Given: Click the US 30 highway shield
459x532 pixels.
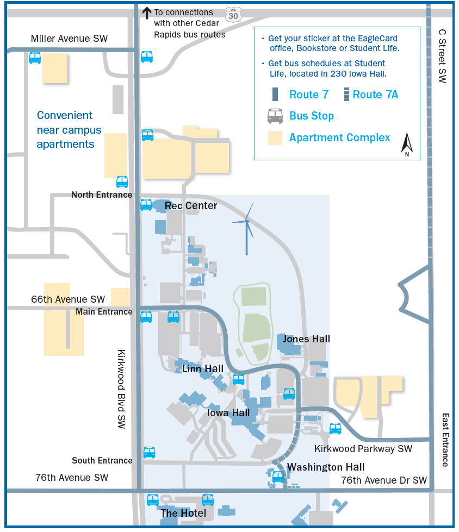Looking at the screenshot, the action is pyautogui.click(x=233, y=15).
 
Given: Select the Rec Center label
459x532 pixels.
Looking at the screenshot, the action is pyautogui.click(x=191, y=205).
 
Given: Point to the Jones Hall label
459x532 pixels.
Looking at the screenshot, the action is pyautogui.click(x=306, y=339).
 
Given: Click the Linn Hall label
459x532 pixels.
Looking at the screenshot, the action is pyautogui.click(x=203, y=368).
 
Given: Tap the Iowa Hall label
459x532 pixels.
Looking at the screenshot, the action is pyautogui.click(x=228, y=412).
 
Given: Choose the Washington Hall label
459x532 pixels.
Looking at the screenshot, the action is pyautogui.click(x=326, y=467).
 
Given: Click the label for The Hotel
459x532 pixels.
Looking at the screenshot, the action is pyautogui.click(x=183, y=513).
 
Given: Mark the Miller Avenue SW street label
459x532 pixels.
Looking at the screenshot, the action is pyautogui.click(x=69, y=39).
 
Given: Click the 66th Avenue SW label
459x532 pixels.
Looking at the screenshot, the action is pyautogui.click(x=68, y=299).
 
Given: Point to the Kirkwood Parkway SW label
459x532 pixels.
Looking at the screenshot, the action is pyautogui.click(x=363, y=449).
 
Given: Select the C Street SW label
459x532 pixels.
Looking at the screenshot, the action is pyautogui.click(x=442, y=56).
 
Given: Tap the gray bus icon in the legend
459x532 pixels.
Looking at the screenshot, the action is pyautogui.click(x=275, y=116).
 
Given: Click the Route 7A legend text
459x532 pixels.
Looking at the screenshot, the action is pyautogui.click(x=375, y=95).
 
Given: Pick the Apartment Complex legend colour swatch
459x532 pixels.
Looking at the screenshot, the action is pyautogui.click(x=275, y=138).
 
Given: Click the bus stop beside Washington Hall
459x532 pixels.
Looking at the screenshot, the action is pyautogui.click(x=278, y=477).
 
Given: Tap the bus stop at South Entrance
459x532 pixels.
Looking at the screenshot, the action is pyautogui.click(x=150, y=452).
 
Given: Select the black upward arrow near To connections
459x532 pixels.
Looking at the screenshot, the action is pyautogui.click(x=147, y=13).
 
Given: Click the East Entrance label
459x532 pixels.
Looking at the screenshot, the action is pyautogui.click(x=445, y=440).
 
